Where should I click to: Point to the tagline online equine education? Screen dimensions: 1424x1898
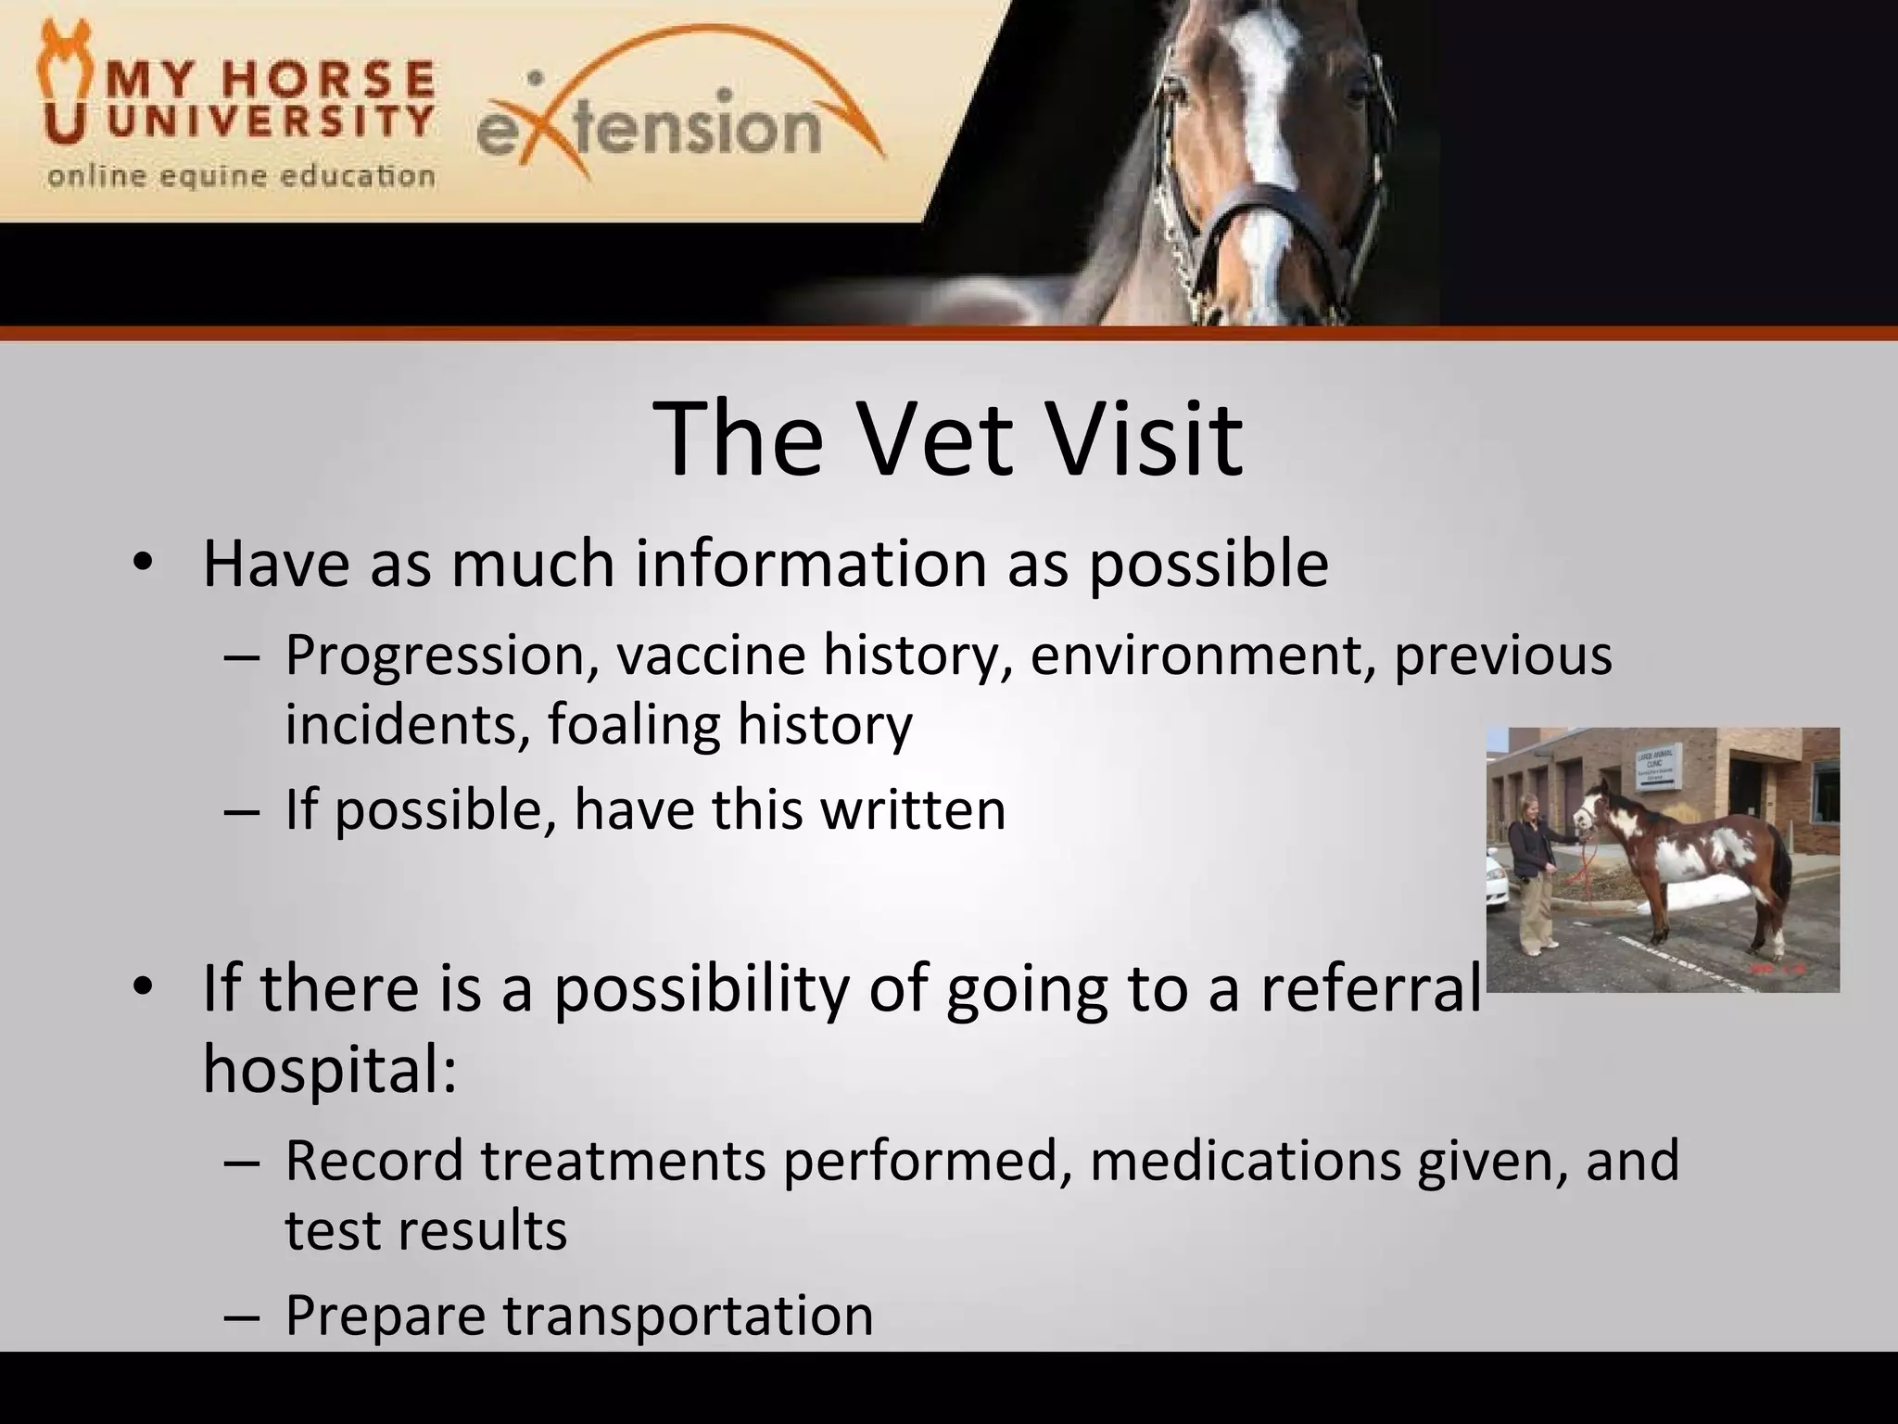[241, 175]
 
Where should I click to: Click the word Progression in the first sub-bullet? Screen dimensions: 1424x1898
[441, 655]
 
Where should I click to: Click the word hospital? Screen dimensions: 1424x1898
[330, 1068]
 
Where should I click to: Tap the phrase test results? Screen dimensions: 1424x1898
[425, 1230]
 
